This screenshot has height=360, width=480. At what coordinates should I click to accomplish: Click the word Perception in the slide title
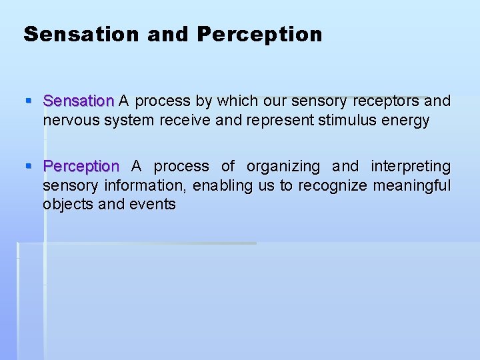coord(259,34)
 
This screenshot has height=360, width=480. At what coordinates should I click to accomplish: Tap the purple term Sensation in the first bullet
coord(79,101)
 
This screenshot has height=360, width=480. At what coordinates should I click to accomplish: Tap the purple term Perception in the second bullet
coord(81,166)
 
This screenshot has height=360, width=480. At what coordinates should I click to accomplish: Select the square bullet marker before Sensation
coord(28,101)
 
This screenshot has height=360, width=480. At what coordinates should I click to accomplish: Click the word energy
coord(406,121)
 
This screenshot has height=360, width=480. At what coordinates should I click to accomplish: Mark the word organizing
coord(283,166)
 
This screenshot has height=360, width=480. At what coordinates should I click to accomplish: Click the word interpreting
coord(411,166)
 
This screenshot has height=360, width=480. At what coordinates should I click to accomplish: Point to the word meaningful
coord(412,185)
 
